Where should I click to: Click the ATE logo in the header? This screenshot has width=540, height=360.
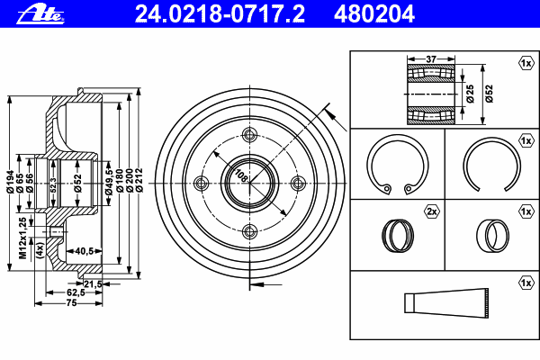click(x=40, y=14)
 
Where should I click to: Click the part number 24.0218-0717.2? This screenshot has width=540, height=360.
click(x=220, y=14)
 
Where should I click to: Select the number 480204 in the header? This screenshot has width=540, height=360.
click(x=374, y=14)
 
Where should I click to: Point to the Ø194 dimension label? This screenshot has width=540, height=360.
click(x=11, y=182)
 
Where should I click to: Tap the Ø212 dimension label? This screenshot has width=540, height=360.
click(x=139, y=180)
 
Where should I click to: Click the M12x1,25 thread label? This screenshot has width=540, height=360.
click(x=22, y=238)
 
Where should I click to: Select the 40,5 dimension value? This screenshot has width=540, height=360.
click(x=85, y=251)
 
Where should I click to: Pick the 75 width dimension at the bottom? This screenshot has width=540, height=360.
click(x=71, y=302)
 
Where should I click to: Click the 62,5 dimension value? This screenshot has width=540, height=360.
click(x=76, y=292)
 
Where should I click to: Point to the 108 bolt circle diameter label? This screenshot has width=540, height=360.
click(x=241, y=175)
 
